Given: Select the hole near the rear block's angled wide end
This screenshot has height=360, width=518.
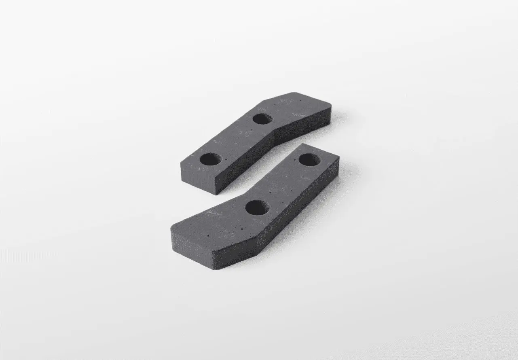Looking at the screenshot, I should tap(262, 119).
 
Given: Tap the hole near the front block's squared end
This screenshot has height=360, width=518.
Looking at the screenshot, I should tap(310, 159).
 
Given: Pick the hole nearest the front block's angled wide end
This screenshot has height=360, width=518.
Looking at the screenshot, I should tap(257, 208).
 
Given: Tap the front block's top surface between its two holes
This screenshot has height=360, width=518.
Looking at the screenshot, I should tap(283, 184).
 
